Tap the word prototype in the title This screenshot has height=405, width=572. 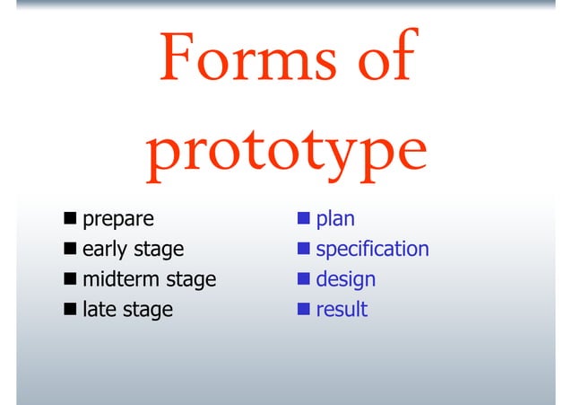[x=286, y=153]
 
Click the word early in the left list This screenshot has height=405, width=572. [x=106, y=250]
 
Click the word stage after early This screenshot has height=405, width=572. [x=159, y=251]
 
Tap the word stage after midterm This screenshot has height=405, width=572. [x=189, y=280]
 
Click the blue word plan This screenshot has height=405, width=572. [x=334, y=220]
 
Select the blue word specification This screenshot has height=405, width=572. [x=372, y=250]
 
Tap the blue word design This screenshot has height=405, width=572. [x=345, y=280]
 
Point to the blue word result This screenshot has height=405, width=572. [x=342, y=310]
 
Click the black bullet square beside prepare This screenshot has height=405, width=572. [x=70, y=219]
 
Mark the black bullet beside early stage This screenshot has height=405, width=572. [x=70, y=249]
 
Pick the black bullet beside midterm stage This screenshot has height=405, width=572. [x=70, y=279]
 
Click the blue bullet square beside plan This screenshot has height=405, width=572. [x=304, y=219]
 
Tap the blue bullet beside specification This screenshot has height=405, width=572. [x=304, y=249]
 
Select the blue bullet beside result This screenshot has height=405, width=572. [x=304, y=310]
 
